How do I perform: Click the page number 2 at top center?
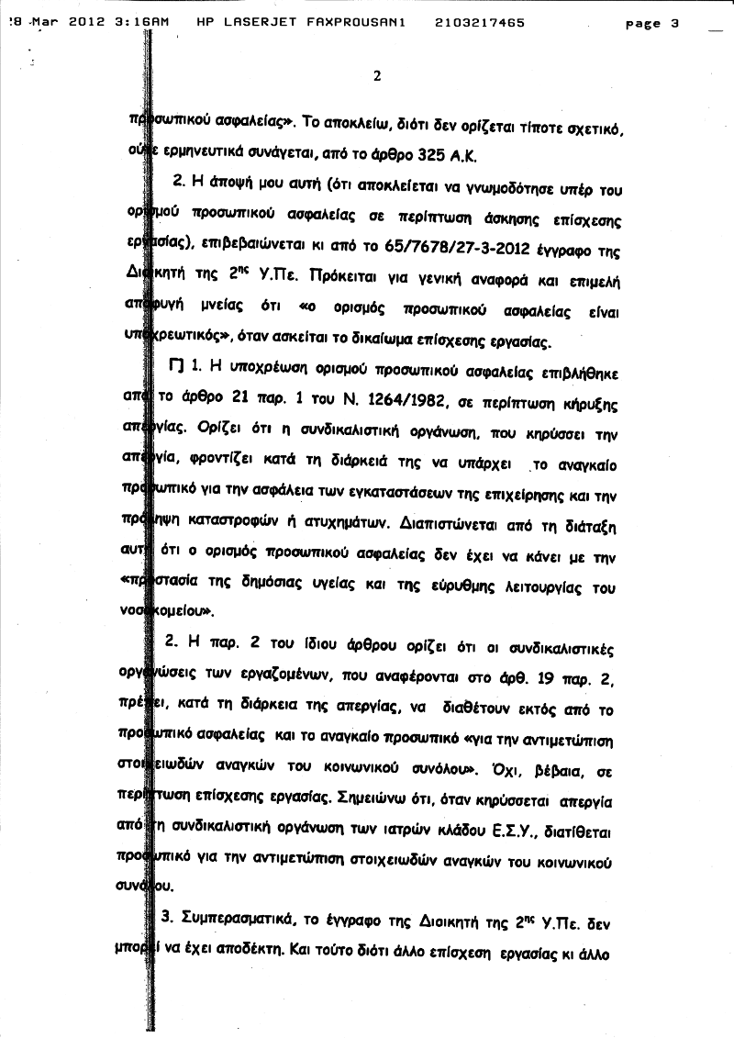377,76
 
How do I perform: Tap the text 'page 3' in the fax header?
651,23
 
